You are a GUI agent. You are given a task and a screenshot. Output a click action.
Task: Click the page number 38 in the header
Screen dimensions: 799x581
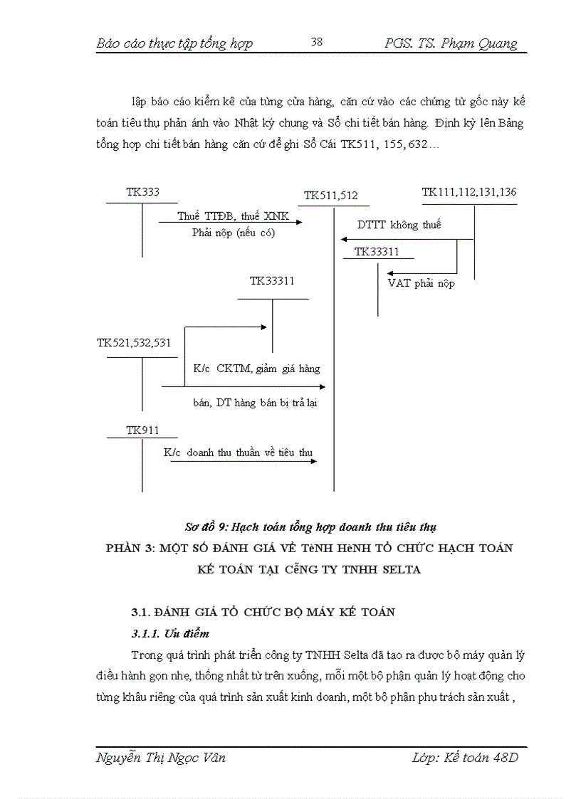coord(317,42)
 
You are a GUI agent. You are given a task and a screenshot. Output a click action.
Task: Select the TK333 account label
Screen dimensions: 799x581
coord(142,192)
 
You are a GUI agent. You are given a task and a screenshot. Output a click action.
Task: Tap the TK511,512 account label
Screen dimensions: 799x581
coord(330,196)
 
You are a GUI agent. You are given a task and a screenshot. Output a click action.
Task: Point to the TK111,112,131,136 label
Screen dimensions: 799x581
coord(469,192)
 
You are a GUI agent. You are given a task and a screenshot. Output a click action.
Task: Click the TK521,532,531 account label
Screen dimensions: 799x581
coord(134,343)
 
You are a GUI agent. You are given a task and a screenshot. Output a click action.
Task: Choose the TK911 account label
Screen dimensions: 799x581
coord(142,430)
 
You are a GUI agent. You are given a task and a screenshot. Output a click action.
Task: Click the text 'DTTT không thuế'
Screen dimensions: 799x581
coord(399,225)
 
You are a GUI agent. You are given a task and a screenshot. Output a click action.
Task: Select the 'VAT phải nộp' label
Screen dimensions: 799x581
coord(421,283)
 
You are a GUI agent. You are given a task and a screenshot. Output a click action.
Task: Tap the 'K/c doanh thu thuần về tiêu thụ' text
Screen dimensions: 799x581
coord(238,453)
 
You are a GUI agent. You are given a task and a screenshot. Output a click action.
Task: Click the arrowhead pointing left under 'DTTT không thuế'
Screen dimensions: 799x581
coord(345,240)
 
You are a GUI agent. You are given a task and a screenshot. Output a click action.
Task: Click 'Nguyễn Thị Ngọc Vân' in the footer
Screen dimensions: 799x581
coord(160,758)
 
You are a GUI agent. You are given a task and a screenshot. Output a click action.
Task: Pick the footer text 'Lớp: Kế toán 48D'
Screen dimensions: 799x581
coord(465,758)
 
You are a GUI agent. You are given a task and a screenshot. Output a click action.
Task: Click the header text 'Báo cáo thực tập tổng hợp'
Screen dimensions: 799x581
coord(174,44)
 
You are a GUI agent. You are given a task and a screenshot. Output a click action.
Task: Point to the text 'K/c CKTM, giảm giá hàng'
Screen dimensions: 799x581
coord(256,369)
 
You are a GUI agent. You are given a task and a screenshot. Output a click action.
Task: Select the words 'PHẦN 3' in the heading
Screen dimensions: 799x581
coord(128,548)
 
